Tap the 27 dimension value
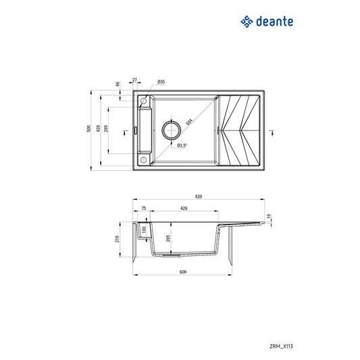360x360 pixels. coord(134,80)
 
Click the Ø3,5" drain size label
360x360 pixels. coord(182,145)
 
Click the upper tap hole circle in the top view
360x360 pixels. coord(144,102)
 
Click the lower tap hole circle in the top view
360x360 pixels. coord(144,159)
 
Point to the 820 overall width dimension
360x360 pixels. coord(199,196)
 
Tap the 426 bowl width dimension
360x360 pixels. coord(184,209)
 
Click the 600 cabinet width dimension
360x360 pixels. coord(183,272)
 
